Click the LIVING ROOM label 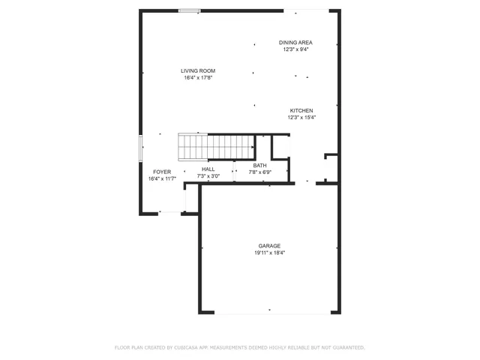point(198,70)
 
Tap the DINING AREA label point(296,43)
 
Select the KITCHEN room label point(301,110)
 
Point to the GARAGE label point(269,246)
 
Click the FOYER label point(162,172)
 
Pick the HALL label point(208,169)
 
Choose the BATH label point(259,166)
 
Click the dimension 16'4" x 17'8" point(198,77)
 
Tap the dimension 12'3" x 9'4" point(296,49)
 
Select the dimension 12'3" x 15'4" point(301,117)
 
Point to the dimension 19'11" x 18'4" point(269,253)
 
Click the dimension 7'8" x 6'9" point(259,172)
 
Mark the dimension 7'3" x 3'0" point(208,176)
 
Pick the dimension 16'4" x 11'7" point(162,178)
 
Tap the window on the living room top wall point(189,10)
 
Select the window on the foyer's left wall point(140,148)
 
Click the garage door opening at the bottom point(269,313)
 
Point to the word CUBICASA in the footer point(187,347)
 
